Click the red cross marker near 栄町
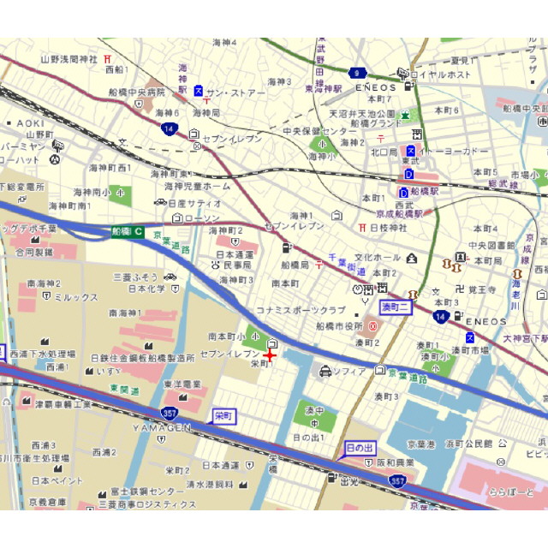(271, 354)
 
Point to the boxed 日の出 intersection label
(360, 447)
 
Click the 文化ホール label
(378, 257)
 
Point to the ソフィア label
(349, 371)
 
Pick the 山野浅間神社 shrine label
(70, 59)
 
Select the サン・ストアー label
(236, 92)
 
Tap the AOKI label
(30, 122)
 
